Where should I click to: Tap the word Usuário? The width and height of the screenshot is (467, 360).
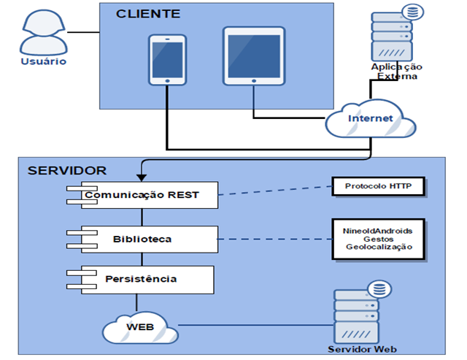click(x=43, y=61)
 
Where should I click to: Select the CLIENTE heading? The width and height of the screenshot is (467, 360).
click(x=148, y=14)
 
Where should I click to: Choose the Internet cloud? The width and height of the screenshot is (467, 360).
click(x=371, y=118)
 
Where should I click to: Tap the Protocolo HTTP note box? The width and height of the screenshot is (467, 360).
click(x=378, y=186)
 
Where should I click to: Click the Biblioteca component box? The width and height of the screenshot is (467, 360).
click(x=143, y=239)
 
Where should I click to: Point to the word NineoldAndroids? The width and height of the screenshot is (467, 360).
click(x=378, y=230)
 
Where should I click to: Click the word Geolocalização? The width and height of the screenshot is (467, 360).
click(x=378, y=248)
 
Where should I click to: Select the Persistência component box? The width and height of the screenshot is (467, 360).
click(x=140, y=279)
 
